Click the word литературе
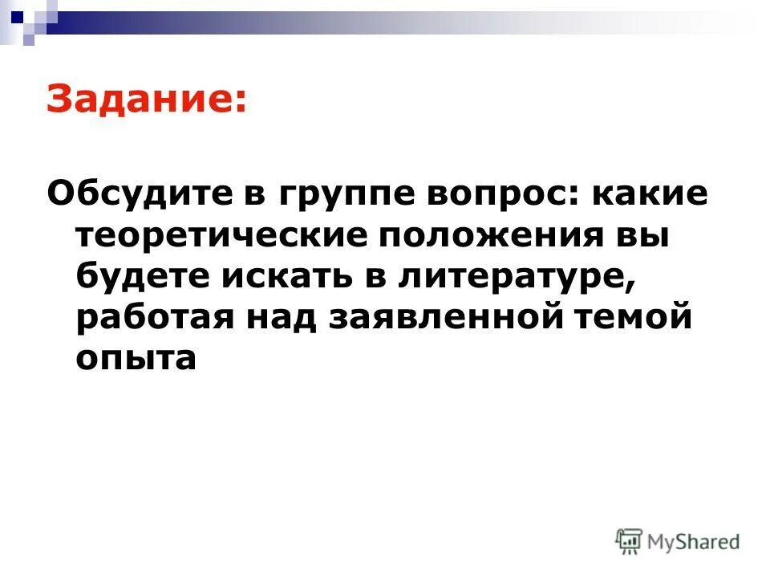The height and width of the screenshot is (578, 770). [x=519, y=279]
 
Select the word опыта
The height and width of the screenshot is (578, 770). [x=136, y=359]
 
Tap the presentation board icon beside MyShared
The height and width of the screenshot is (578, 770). [x=630, y=541]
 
